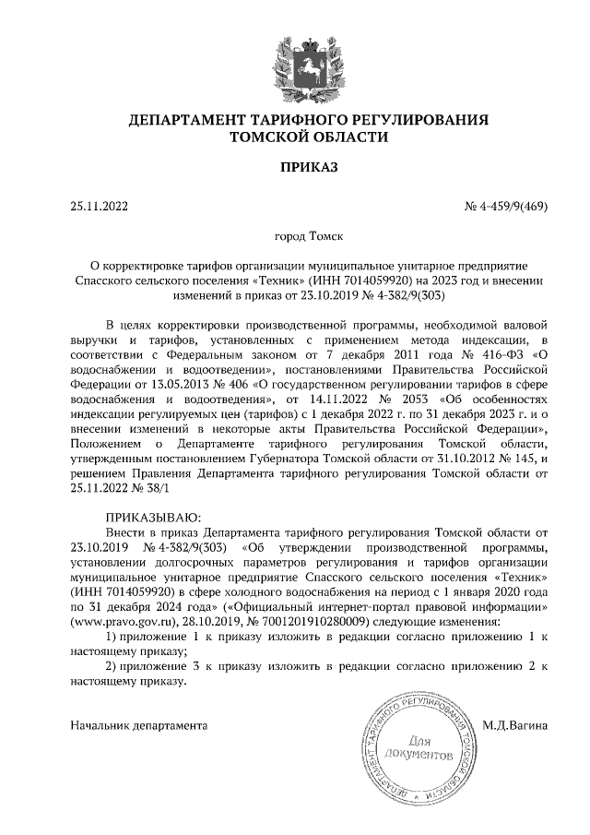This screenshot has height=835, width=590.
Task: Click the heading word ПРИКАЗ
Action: pos(295,167)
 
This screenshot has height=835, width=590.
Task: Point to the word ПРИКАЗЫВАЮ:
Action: pos(153,517)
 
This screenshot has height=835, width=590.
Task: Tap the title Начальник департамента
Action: pos(137,725)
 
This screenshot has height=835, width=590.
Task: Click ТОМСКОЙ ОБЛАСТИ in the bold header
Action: pos(295,137)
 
